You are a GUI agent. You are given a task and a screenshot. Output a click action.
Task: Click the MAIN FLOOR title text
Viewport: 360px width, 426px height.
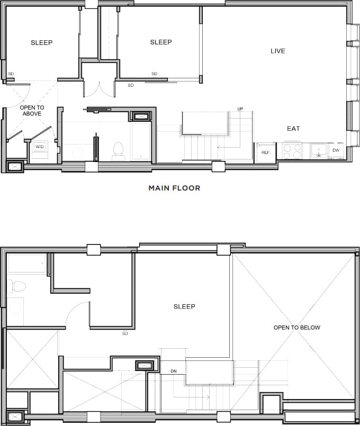coord(174,188)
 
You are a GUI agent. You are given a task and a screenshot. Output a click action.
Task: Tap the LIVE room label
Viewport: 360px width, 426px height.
coord(277,51)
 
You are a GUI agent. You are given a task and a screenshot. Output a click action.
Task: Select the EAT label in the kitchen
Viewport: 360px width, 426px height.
coord(293,129)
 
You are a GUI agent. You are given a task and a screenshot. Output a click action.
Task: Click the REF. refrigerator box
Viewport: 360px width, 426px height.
coord(265,152)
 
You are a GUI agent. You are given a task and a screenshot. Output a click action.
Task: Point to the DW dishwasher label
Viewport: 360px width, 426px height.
coord(336,151)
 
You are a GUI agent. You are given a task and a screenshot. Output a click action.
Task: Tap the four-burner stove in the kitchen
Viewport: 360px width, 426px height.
coord(292,151)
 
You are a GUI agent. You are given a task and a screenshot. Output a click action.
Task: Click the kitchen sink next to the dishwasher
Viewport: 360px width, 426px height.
coord(319,151)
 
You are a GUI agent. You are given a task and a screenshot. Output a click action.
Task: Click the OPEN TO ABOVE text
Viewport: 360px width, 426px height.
coord(32,111)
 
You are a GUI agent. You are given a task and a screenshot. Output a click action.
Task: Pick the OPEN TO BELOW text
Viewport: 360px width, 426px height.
coord(296,328)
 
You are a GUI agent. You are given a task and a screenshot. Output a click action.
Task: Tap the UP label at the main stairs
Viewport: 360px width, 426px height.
coord(240,109)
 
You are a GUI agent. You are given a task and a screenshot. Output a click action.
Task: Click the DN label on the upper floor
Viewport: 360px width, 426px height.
coord(173,371)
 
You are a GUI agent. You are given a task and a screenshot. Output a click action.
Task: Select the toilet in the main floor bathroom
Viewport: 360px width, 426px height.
coord(119,151)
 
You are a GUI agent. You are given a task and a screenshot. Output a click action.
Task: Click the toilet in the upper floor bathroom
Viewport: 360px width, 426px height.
coord(17,286)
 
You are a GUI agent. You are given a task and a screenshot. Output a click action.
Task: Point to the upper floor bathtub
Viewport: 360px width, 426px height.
coord(27,264)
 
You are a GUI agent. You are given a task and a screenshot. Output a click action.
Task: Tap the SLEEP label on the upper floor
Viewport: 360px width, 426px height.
coord(184,306)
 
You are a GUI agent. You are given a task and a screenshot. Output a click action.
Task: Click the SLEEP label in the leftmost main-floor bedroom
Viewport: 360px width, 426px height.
coord(41,42)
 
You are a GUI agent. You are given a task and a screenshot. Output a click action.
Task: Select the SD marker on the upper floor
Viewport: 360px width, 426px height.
coord(125,333)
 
